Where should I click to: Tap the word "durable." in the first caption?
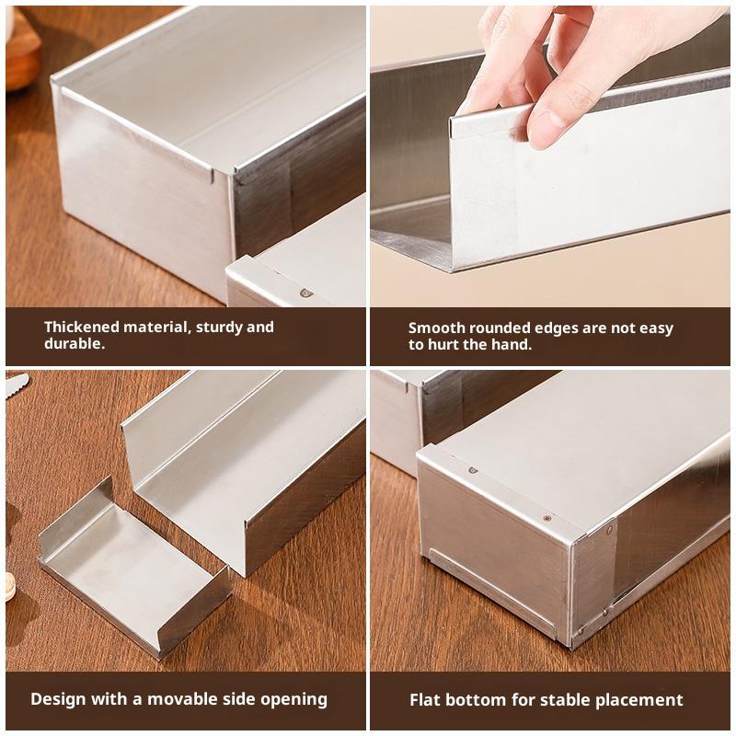[x=75, y=343]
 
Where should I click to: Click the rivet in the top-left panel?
[x=305, y=293]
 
